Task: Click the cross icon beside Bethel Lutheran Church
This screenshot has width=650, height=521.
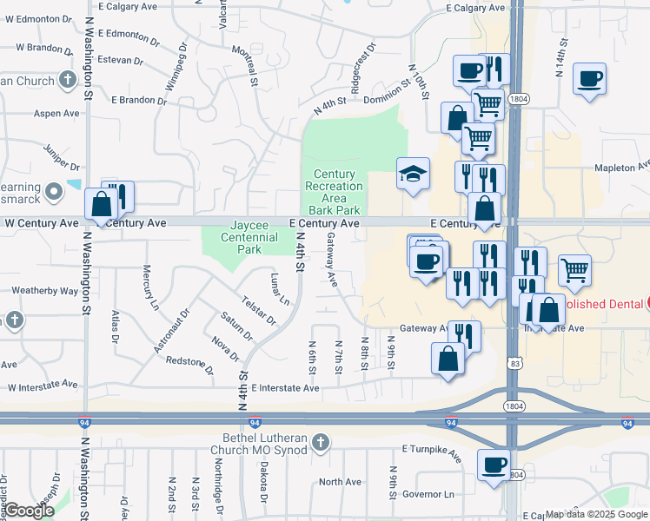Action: click(x=321, y=444)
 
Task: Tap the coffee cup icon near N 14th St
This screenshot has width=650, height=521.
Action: click(x=589, y=79)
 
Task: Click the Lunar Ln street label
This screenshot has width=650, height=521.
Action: click(x=280, y=289)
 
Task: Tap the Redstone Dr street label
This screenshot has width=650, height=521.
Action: click(x=189, y=366)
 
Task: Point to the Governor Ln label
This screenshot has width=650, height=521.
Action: click(x=429, y=494)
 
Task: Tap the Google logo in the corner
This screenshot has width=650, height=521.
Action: click(x=29, y=511)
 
